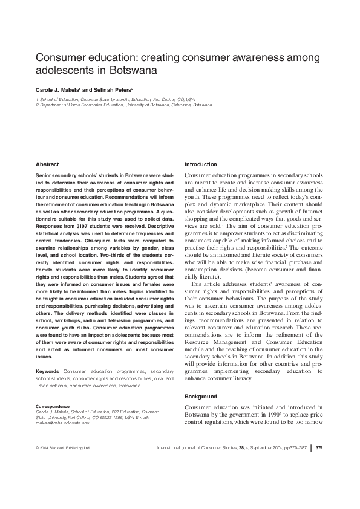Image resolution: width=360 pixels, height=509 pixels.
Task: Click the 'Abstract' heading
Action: (47, 164)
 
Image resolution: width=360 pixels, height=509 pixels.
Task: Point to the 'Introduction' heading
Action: (200, 164)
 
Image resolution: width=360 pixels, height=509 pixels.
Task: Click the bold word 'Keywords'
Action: (47, 371)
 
